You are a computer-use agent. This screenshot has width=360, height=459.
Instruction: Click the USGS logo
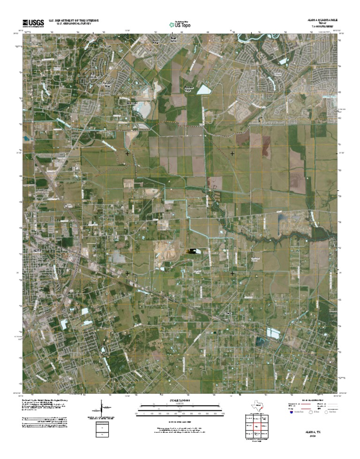coord(33,23)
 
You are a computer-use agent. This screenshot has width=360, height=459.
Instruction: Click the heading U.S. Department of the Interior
coord(77,21)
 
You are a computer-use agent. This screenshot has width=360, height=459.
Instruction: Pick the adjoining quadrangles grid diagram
coord(256,428)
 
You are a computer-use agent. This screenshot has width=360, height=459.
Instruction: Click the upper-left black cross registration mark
coord(127,153)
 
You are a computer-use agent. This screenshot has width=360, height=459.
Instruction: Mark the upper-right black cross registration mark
coord(232,153)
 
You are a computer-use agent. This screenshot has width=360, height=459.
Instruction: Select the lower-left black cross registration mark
coord(127,272)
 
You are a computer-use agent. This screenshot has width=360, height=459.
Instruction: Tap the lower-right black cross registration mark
coord(232,272)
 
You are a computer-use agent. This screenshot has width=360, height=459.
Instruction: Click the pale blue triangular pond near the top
coord(203,90)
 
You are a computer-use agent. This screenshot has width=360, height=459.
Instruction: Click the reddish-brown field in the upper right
coord(266,147)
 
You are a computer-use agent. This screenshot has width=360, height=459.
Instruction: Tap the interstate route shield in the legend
coord(291,414)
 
